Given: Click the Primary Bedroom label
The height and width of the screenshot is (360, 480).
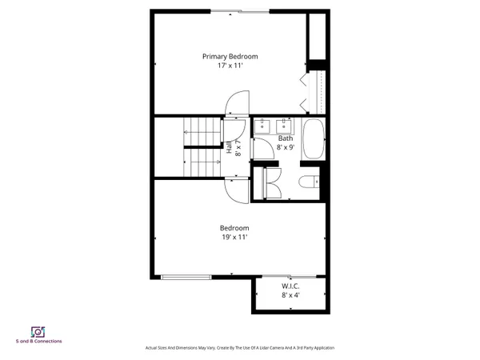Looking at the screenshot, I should click(x=230, y=57).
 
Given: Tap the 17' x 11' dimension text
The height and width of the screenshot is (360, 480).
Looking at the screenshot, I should click(x=230, y=66).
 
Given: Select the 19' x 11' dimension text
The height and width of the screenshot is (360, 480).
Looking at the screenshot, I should click(x=234, y=238).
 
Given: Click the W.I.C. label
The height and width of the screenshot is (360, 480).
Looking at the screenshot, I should click(x=290, y=286).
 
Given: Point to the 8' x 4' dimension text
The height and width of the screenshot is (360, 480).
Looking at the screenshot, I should click(x=290, y=295).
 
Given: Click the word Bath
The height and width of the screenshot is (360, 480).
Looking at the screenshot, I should click(x=285, y=138).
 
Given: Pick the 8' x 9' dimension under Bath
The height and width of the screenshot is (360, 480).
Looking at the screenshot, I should click(x=286, y=147).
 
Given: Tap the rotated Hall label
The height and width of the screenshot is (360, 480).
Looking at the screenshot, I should click(x=234, y=147).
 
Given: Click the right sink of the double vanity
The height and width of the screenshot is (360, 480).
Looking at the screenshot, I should click(x=283, y=125).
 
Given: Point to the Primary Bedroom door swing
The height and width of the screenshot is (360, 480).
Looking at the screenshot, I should click(x=238, y=103).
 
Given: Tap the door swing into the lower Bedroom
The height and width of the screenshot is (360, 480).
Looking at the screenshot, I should click(x=238, y=190).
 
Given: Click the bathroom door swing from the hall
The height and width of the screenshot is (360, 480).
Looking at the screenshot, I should click(x=262, y=148).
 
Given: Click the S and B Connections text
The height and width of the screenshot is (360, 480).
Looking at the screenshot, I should click(x=38, y=342).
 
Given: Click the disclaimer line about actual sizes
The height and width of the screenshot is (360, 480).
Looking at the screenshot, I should click(x=239, y=348).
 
